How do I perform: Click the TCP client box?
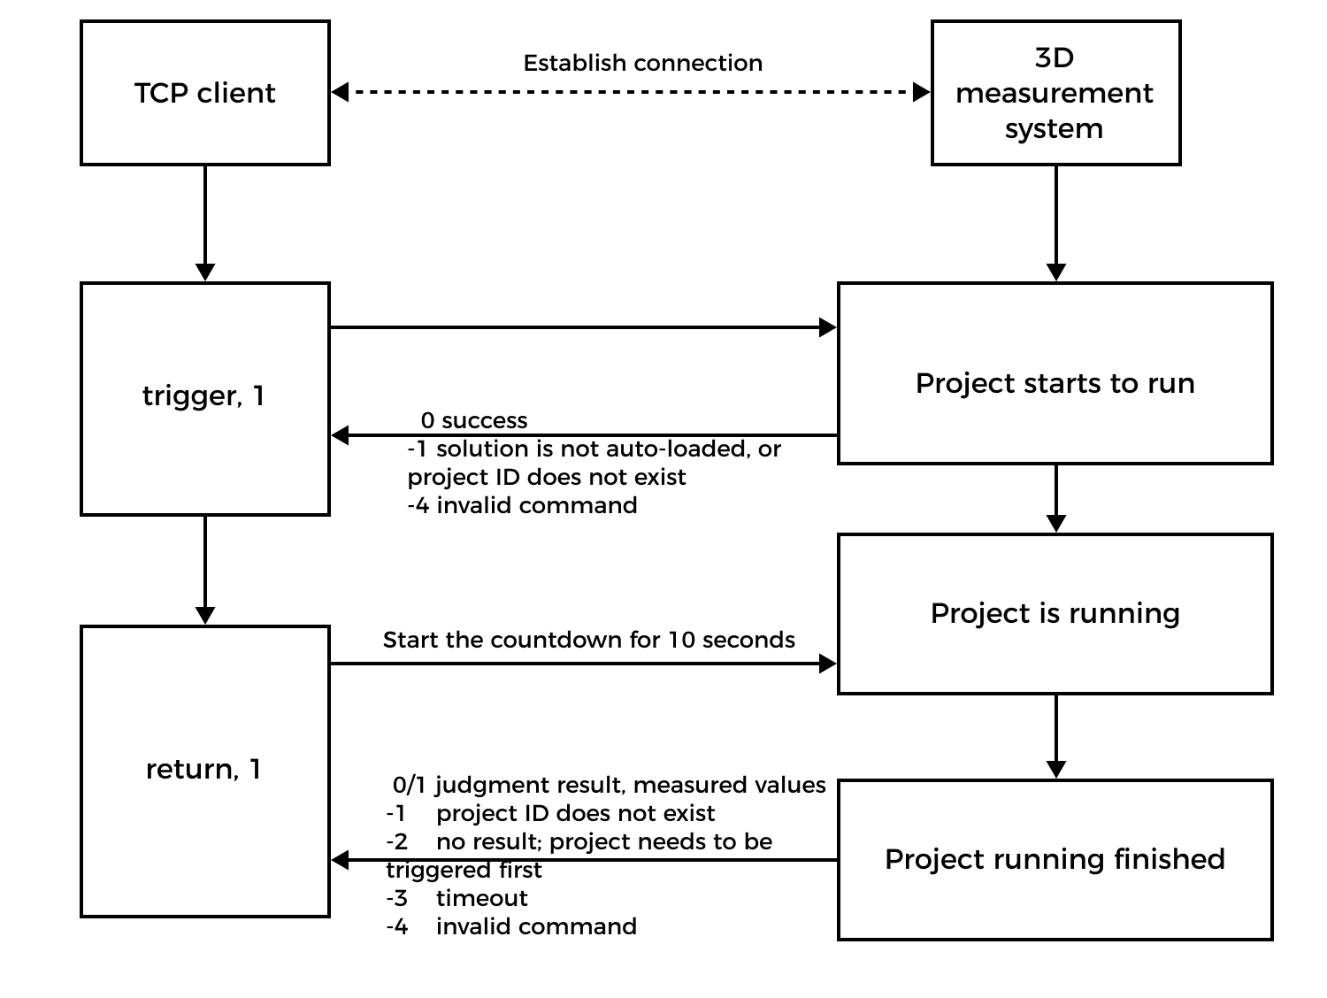205,93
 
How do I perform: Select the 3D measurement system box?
1055,93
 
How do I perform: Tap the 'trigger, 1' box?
205,398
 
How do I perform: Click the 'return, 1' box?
205,771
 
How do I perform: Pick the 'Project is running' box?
1055,613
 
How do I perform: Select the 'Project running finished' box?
1055,859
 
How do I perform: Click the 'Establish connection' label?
643,64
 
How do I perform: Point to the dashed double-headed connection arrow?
630,91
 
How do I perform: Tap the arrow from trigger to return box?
205,570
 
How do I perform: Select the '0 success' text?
474,420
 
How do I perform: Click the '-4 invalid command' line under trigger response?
522,505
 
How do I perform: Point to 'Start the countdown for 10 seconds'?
588,640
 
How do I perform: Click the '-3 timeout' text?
456,898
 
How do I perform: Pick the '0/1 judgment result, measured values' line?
609,785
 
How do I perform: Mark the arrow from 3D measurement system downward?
1055,223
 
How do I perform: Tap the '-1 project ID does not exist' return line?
550,813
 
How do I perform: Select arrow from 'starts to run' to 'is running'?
1055,498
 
